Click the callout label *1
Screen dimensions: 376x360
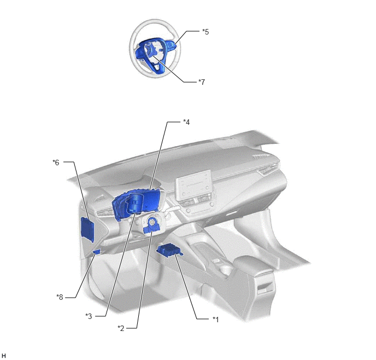click(x=215, y=320)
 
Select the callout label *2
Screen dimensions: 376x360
click(x=121, y=328)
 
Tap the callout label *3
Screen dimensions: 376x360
click(x=89, y=316)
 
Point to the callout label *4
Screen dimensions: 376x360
click(x=186, y=122)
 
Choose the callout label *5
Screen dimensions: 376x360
click(x=205, y=31)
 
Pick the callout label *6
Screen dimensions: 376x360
click(x=56, y=162)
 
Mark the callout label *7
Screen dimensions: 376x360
click(x=202, y=82)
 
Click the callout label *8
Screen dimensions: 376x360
click(x=60, y=297)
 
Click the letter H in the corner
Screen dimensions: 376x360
click(x=4, y=356)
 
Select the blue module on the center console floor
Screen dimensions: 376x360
click(x=170, y=250)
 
